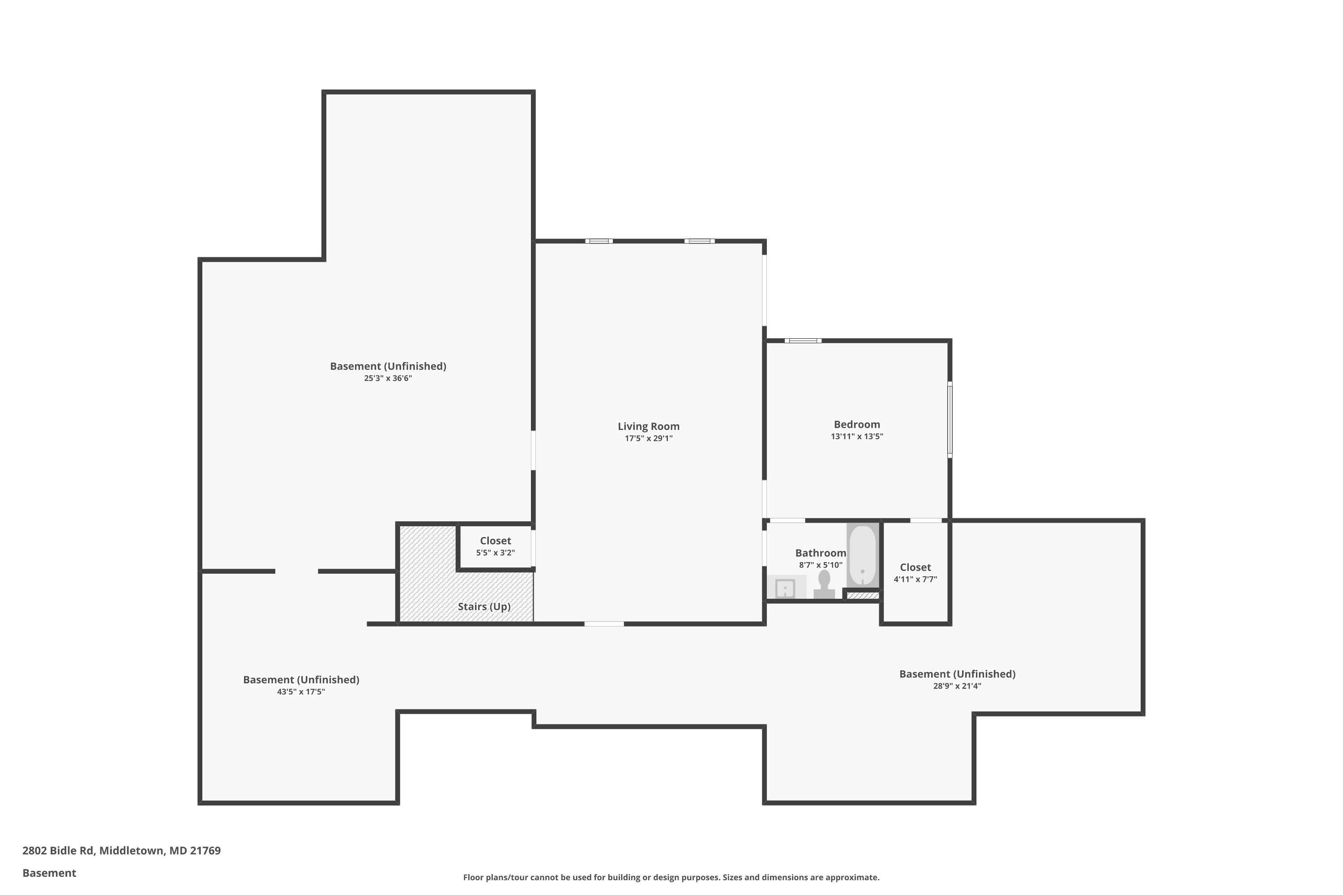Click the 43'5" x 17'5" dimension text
pyautogui.click(x=301, y=692)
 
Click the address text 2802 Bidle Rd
pyautogui.click(x=58, y=851)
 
